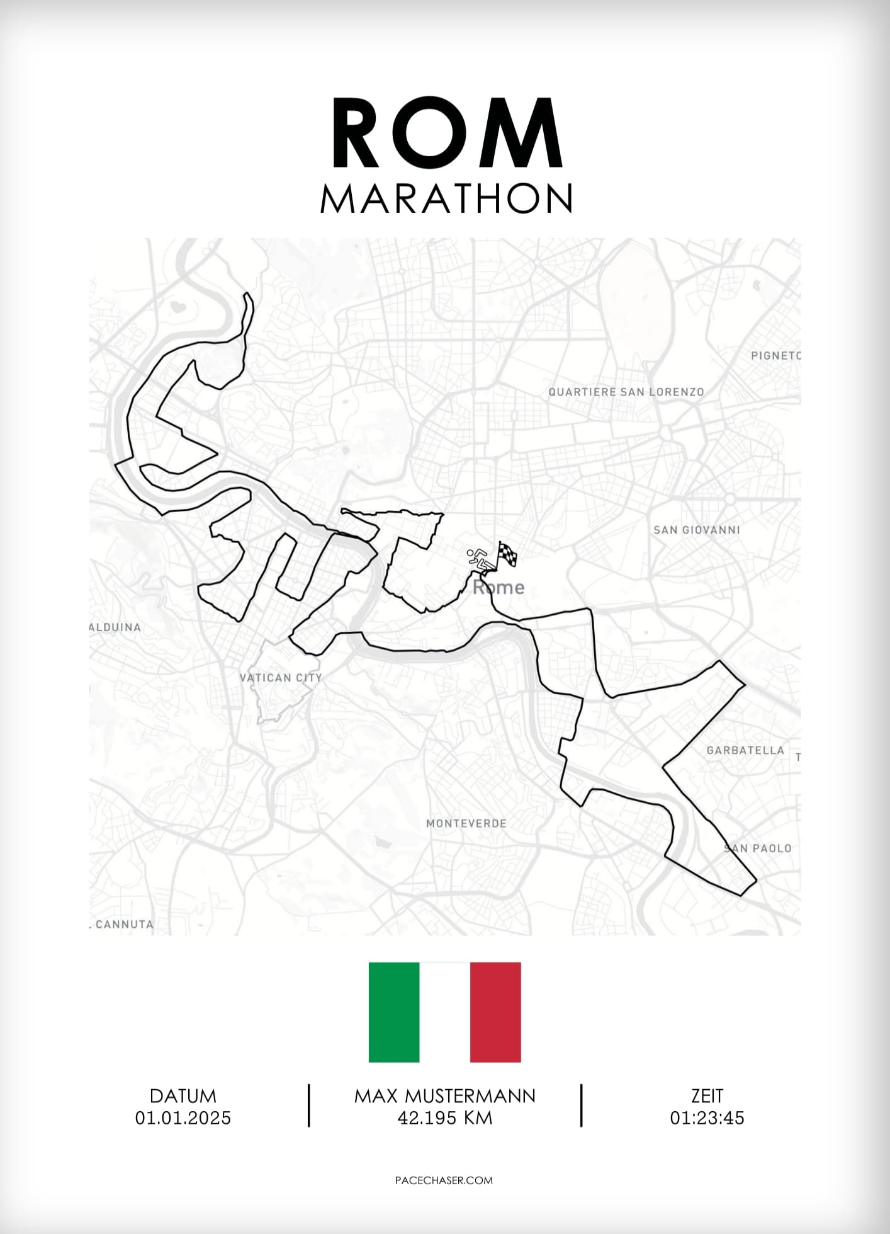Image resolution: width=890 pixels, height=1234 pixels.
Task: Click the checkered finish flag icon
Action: click(x=507, y=554)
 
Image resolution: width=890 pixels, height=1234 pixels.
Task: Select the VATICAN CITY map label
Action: click(x=281, y=678)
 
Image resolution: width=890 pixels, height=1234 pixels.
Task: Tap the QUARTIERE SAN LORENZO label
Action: click(x=626, y=392)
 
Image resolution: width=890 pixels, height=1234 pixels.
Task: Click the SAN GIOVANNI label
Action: click(x=696, y=530)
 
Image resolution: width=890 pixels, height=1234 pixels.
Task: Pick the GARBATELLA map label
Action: click(x=745, y=750)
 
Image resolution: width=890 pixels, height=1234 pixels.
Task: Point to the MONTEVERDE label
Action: click(x=466, y=823)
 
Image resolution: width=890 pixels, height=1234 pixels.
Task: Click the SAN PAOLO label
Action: click(x=758, y=848)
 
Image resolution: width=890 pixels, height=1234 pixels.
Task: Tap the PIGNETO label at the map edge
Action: click(x=775, y=355)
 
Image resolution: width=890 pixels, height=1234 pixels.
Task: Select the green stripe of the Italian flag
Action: click(x=394, y=1012)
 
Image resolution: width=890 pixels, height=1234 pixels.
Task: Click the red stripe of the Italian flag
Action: click(x=495, y=1012)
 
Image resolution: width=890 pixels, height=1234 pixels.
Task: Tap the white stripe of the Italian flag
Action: click(x=444, y=1012)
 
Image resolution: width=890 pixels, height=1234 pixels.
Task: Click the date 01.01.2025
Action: click(x=183, y=1118)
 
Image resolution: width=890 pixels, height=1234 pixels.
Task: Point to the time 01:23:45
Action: click(x=707, y=1118)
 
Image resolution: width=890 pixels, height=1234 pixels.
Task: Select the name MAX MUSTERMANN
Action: click(x=444, y=1096)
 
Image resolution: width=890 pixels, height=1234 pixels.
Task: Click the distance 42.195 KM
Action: click(x=444, y=1118)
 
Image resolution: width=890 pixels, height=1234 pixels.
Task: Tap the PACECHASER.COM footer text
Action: click(x=444, y=1180)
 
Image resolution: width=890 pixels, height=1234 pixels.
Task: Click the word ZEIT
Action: click(x=707, y=1096)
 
